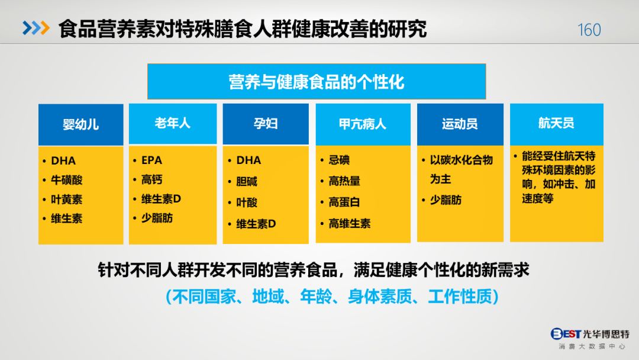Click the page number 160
click(589, 30)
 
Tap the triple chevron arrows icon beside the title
click(36, 28)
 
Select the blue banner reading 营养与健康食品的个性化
click(317, 82)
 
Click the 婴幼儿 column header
click(80, 124)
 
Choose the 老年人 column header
click(173, 124)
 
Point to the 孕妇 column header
click(266, 124)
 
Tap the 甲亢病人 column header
click(363, 124)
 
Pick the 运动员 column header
click(460, 124)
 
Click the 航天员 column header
click(557, 124)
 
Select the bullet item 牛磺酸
click(67, 180)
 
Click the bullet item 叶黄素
click(67, 200)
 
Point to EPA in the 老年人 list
click(151, 160)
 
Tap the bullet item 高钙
click(152, 179)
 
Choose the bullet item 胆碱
click(247, 181)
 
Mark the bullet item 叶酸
click(247, 202)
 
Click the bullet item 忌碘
click(340, 160)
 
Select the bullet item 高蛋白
click(344, 202)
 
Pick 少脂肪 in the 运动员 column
click(446, 200)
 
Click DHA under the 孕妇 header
click(248, 160)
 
